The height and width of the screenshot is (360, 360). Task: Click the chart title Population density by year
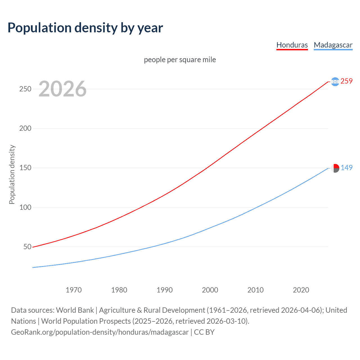pyautogui.click(x=85, y=28)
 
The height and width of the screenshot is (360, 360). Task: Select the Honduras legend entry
pyautogui.click(x=292, y=45)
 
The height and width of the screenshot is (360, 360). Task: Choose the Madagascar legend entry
pyautogui.click(x=333, y=45)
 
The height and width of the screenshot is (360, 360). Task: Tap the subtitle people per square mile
pyautogui.click(x=180, y=60)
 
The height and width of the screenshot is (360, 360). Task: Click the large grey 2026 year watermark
pyautogui.click(x=62, y=89)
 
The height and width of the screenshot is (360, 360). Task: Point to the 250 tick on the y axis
pyautogui.click(x=25, y=89)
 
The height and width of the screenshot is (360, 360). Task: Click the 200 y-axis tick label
pyautogui.click(x=25, y=128)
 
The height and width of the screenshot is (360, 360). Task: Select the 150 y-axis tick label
pyautogui.click(x=25, y=168)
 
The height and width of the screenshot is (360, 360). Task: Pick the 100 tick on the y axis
pyautogui.click(x=25, y=207)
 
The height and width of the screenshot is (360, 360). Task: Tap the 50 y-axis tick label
pyautogui.click(x=27, y=247)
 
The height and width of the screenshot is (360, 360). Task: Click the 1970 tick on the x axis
pyautogui.click(x=74, y=290)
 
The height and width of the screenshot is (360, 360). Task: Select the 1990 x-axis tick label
pyautogui.click(x=165, y=290)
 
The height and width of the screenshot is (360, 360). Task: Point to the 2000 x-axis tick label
pyautogui.click(x=210, y=290)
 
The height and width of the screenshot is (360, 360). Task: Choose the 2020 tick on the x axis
pyautogui.click(x=301, y=290)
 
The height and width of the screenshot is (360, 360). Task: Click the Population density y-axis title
pyautogui.click(x=12, y=174)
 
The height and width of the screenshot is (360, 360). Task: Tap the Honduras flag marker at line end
pyautogui.click(x=335, y=82)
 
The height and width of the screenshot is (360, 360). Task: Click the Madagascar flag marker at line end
pyautogui.click(x=335, y=168)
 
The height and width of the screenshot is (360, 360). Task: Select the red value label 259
pyautogui.click(x=346, y=81)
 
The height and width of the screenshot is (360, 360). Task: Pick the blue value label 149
pyautogui.click(x=346, y=168)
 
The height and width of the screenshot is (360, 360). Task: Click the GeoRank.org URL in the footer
pyautogui.click(x=100, y=332)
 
